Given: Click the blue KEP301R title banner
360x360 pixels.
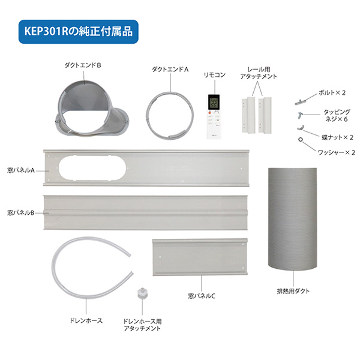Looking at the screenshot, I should (x=79, y=28).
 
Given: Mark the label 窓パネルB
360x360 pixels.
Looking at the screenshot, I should (x=20, y=212).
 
